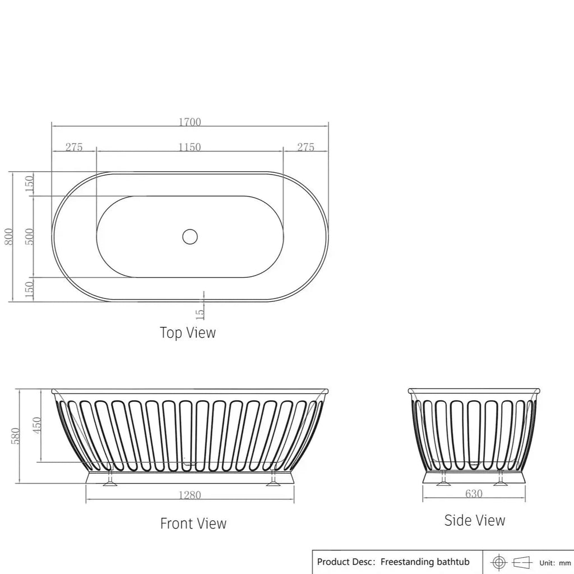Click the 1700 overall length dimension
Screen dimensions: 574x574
tap(189, 122)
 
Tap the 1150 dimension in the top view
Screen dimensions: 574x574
tap(189, 147)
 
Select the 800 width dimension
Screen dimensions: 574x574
tap(8, 236)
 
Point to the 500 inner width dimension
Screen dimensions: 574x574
tap(30, 236)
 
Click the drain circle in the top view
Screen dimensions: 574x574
tap(190, 237)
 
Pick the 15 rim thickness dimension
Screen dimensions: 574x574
tap(200, 314)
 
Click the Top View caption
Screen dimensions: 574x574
tap(188, 333)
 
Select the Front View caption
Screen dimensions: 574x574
tap(193, 524)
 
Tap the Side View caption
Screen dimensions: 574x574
tap(475, 521)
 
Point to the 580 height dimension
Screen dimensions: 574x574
tap(15, 435)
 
